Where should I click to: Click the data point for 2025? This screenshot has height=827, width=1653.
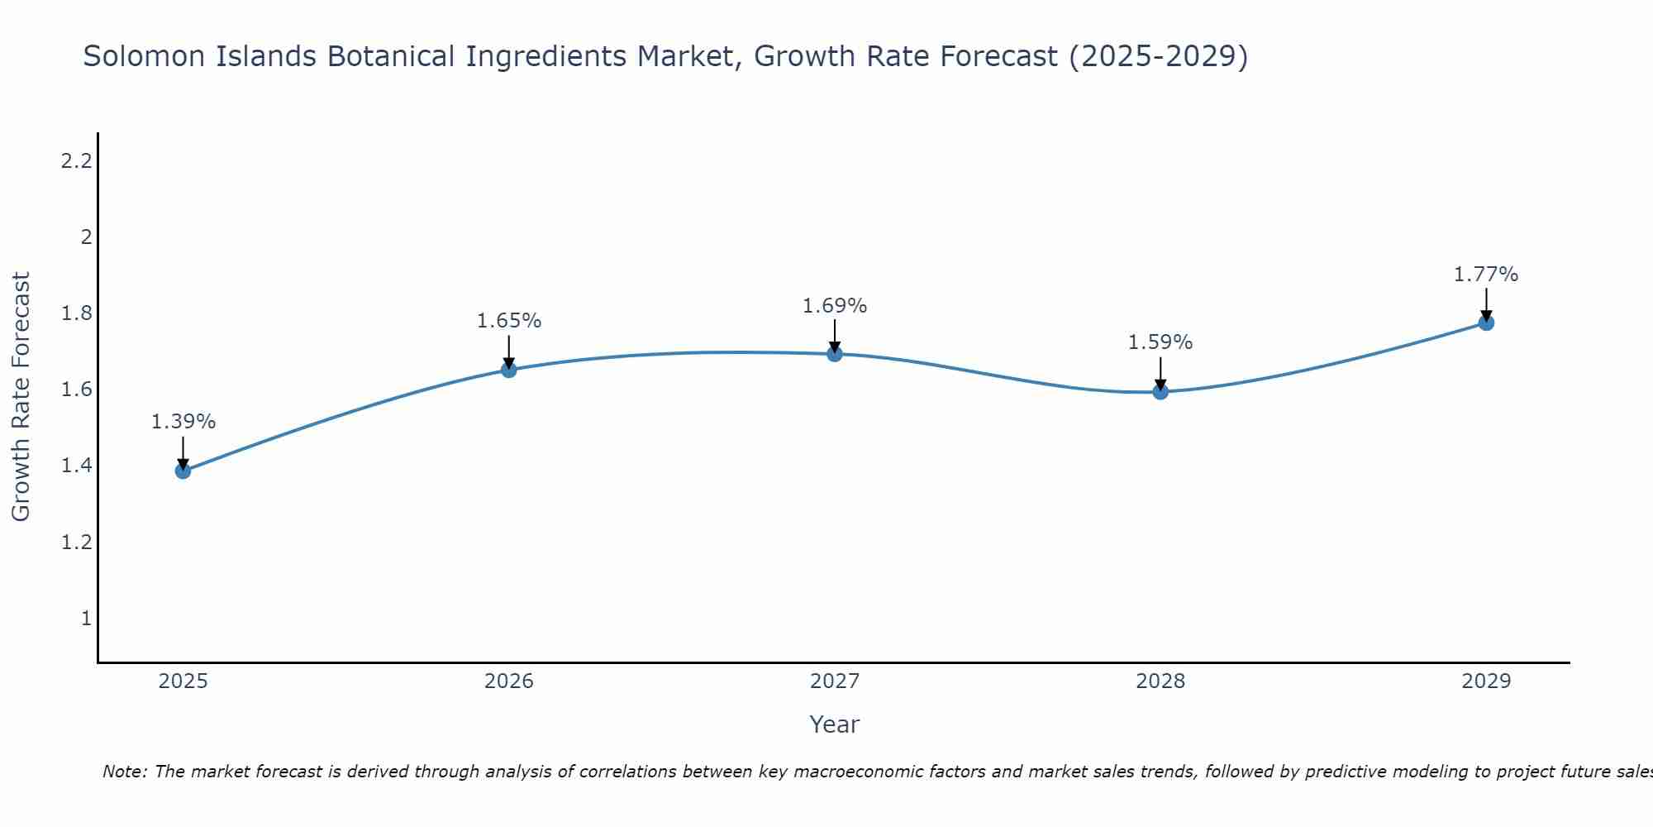(x=183, y=471)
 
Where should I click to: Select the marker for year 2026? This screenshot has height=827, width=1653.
(x=509, y=370)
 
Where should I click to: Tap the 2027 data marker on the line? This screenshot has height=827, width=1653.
(x=835, y=354)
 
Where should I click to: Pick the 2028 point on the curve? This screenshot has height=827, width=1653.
(x=1160, y=391)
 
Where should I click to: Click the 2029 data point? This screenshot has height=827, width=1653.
(x=1486, y=323)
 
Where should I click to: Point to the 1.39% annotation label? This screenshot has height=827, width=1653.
(x=183, y=422)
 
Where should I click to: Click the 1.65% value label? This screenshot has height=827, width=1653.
(x=509, y=321)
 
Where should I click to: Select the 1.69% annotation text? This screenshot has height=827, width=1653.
(x=835, y=306)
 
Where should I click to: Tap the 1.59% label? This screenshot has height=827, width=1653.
(x=1160, y=342)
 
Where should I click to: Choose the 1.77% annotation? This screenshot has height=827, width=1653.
(x=1486, y=275)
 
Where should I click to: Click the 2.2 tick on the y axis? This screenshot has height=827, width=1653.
(x=76, y=161)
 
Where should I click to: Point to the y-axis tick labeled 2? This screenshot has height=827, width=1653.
(x=85, y=237)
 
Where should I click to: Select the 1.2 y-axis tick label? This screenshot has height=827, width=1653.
(x=76, y=543)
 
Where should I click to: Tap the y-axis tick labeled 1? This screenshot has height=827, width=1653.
(x=85, y=619)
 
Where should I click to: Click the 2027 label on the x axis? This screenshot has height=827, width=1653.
(x=835, y=681)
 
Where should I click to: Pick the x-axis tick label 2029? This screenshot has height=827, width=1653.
(x=1486, y=681)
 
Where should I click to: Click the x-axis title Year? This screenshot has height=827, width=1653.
(x=835, y=724)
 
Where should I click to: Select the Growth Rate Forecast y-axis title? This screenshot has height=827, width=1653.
(x=21, y=397)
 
